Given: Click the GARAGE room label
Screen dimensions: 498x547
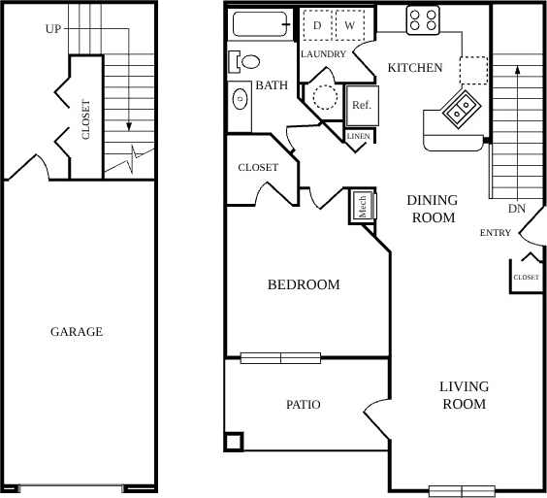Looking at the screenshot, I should (x=77, y=332).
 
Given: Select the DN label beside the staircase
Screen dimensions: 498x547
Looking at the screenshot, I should (x=516, y=209).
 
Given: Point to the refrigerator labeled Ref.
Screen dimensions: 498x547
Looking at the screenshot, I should (x=361, y=105).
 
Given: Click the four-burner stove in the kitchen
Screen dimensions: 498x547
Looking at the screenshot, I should (x=423, y=18).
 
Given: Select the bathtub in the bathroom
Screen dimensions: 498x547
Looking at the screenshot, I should (x=260, y=24).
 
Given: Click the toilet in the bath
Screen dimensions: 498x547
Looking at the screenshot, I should (x=246, y=62).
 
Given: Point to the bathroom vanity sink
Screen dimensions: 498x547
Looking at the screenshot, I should (x=239, y=98).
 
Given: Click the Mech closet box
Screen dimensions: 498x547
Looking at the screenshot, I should (x=362, y=206).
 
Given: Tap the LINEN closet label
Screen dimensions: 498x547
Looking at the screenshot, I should (x=358, y=137).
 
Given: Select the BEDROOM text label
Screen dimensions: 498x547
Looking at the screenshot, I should (x=304, y=285).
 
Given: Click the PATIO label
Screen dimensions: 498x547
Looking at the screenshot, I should (x=303, y=405).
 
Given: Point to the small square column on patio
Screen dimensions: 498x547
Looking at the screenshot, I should (x=234, y=442).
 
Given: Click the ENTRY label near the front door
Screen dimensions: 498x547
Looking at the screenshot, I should (x=496, y=233).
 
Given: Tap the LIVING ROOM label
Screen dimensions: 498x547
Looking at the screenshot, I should (x=464, y=395).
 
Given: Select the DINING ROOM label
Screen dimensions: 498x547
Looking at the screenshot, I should (x=432, y=209).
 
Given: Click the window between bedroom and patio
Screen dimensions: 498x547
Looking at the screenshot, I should (x=280, y=358).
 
